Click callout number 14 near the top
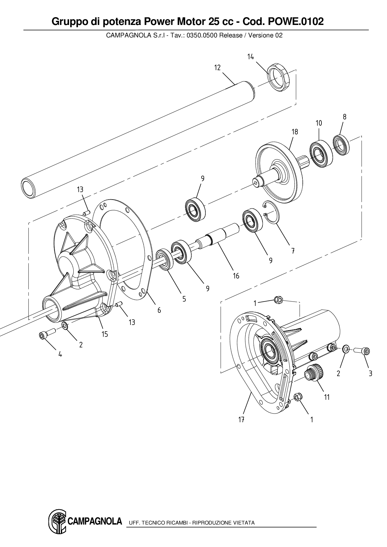[x=251, y=57]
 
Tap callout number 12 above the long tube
[x=217, y=68]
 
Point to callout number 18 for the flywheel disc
[x=295, y=132]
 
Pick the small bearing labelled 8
[x=341, y=145]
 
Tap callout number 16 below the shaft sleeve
[x=236, y=276]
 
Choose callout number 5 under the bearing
[x=184, y=299]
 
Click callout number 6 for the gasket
[x=159, y=310]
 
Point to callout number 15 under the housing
[x=105, y=334]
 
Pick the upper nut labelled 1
[x=278, y=300]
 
